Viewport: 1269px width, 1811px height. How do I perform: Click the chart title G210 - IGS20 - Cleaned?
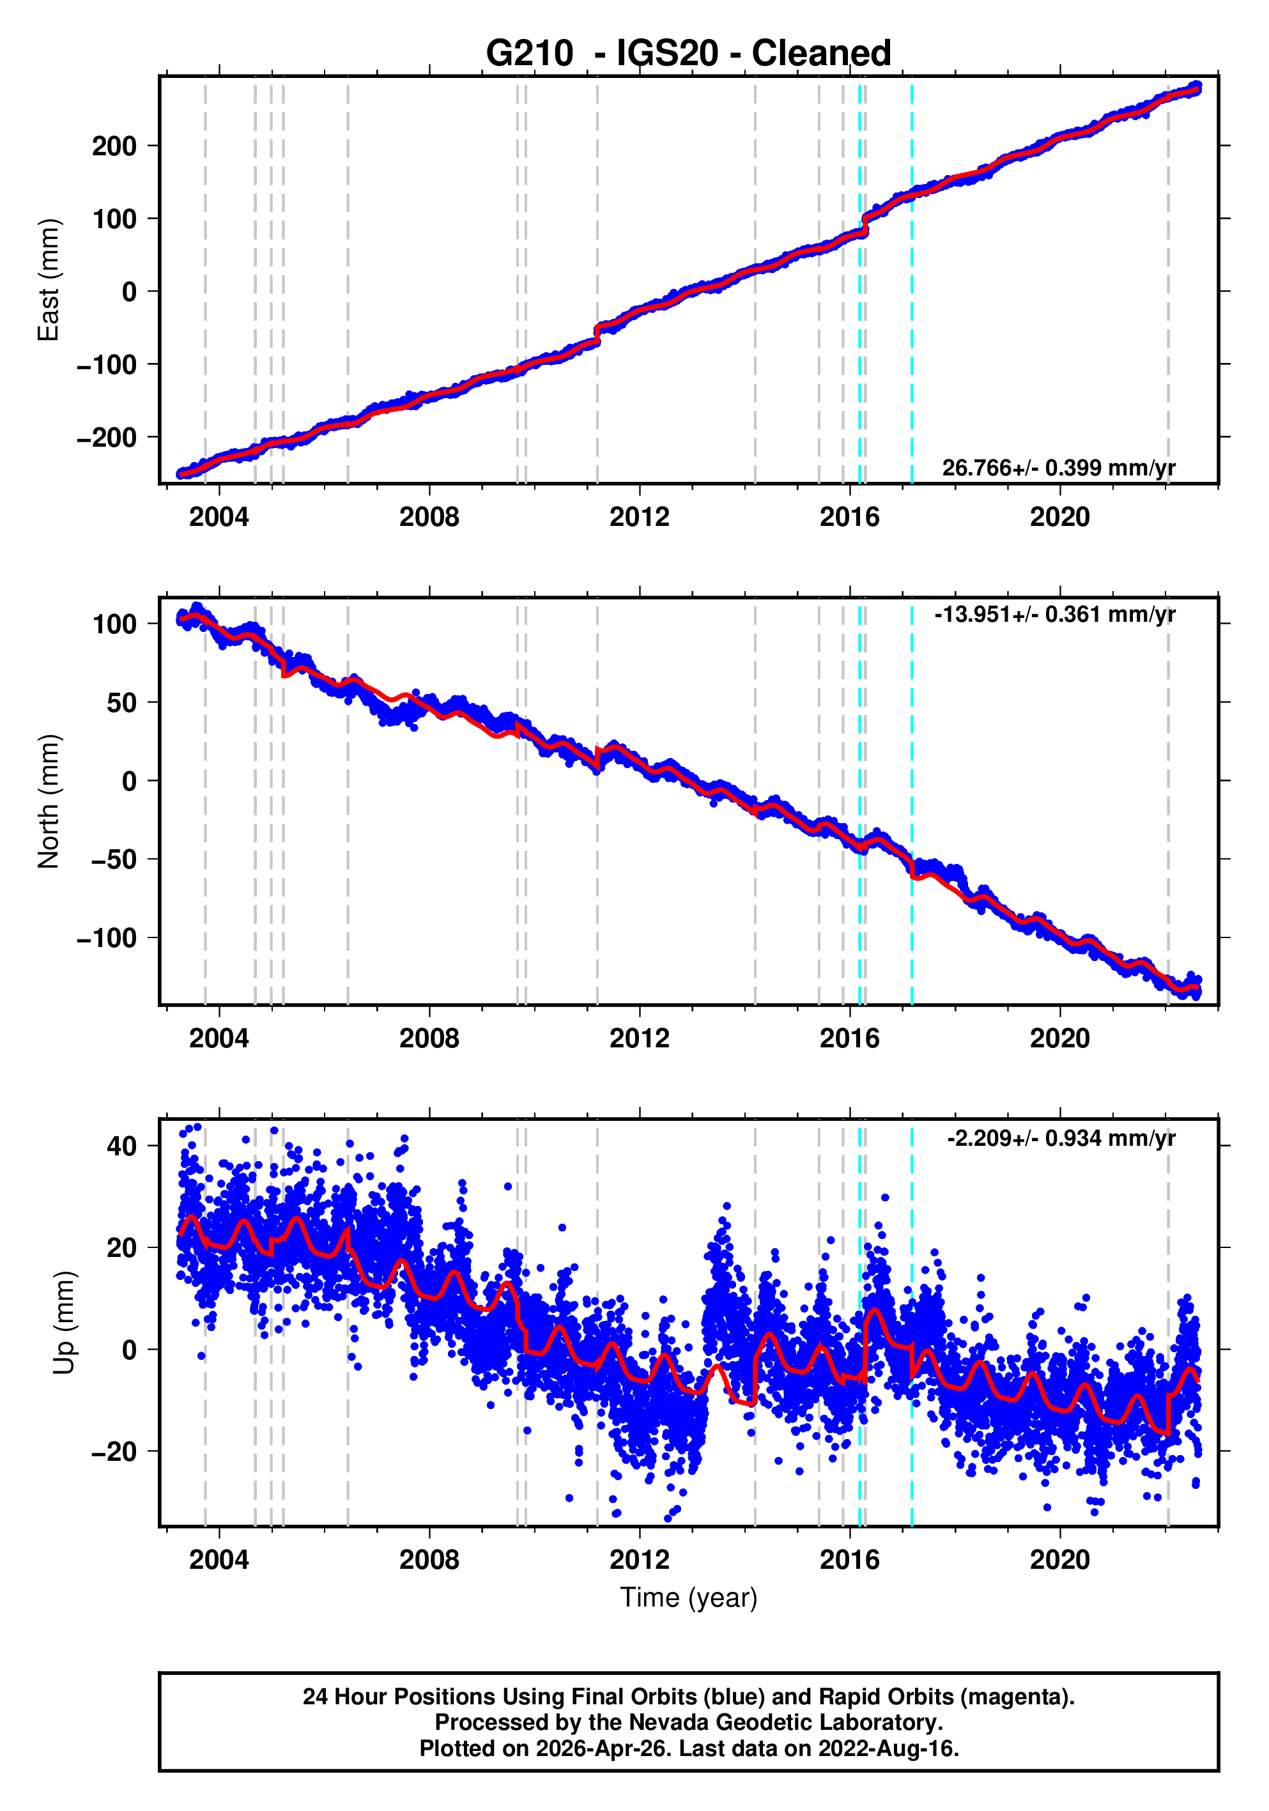click(x=688, y=54)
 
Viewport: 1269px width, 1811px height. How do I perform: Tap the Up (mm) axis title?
click(x=65, y=1323)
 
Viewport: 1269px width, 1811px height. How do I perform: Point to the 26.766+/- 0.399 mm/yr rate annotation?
click(x=1057, y=468)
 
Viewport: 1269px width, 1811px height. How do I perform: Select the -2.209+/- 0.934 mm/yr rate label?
click(x=1061, y=1138)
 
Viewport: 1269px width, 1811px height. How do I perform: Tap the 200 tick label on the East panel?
click(x=114, y=146)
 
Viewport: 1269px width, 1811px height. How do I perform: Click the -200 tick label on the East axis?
click(x=107, y=437)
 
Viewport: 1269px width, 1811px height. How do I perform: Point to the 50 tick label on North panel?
click(x=122, y=702)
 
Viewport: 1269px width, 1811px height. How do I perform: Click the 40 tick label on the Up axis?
click(x=122, y=1146)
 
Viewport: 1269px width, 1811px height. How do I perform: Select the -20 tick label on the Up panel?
click(x=114, y=1451)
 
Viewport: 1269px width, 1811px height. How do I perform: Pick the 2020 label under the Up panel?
click(x=1059, y=1559)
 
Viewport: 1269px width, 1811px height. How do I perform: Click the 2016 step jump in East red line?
click(x=865, y=224)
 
